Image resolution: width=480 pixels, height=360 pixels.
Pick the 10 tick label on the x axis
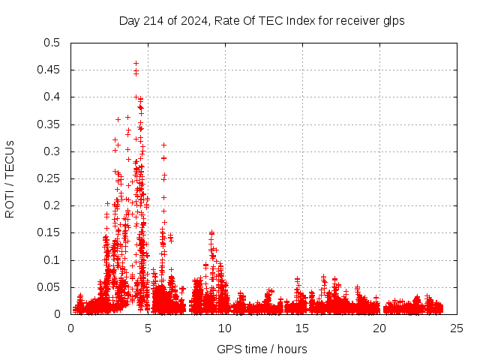[225, 328]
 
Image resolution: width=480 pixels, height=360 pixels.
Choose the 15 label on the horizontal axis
[302, 328]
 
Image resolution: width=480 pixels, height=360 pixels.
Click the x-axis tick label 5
[148, 328]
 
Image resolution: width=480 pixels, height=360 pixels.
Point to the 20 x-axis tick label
[379, 328]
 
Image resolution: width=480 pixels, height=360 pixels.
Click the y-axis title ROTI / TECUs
[10, 178]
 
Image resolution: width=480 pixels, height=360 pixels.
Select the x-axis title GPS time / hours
[262, 349]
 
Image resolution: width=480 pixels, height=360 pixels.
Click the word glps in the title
[393, 21]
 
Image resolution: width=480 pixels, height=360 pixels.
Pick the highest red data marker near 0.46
[136, 64]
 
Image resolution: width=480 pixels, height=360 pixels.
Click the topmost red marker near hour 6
[163, 145]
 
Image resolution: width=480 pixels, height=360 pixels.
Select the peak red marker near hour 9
[211, 232]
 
